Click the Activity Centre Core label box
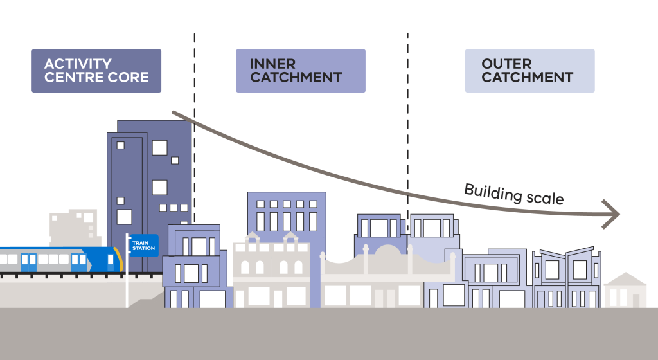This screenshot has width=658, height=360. pyautogui.click(x=96, y=71)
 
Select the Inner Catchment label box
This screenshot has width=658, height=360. pyautogui.click(x=301, y=71)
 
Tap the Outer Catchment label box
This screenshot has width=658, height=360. pyautogui.click(x=529, y=71)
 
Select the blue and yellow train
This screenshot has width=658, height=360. pyautogui.click(x=58, y=260)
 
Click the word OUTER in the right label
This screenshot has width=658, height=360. pyautogui.click(x=506, y=64)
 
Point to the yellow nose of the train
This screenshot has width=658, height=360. pyautogui.click(x=116, y=260)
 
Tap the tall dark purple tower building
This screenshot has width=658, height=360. pyautogui.click(x=149, y=180)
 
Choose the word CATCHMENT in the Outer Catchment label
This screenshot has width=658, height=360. pyautogui.click(x=527, y=78)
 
